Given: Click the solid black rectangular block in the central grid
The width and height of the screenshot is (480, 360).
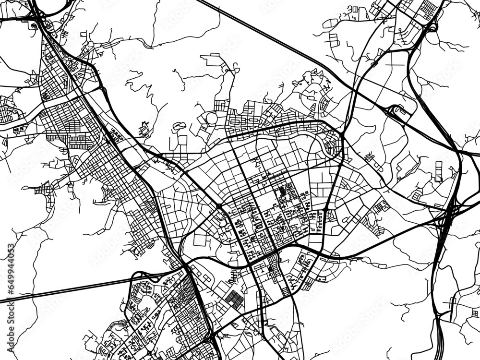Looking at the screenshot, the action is click(282, 192).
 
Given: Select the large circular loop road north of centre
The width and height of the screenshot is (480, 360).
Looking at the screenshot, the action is click(212, 118).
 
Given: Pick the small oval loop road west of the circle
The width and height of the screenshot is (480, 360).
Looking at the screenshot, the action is click(180, 126).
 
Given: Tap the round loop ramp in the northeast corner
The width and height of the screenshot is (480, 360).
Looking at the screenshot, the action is click(433, 26).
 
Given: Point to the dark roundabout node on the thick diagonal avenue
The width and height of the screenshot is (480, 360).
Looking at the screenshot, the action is click(219, 206).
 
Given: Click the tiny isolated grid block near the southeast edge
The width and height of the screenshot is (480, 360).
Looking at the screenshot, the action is click(453, 302).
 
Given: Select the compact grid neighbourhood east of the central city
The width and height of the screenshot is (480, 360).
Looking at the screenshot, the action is click(382, 206).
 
